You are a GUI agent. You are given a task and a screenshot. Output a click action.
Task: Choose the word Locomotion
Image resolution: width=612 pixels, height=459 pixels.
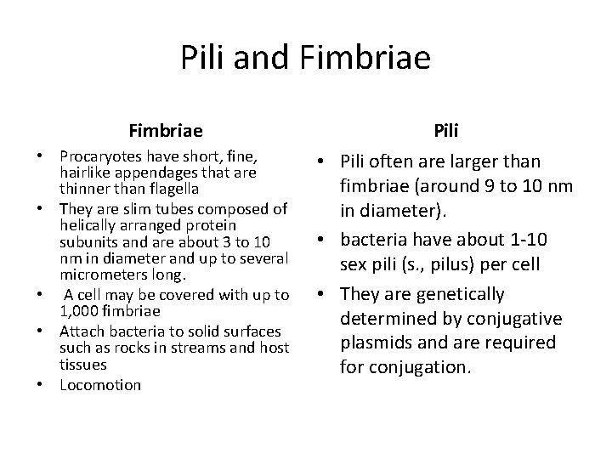[100, 384]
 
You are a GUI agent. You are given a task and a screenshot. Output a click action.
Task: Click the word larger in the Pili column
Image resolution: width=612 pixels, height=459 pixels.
[493, 161]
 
